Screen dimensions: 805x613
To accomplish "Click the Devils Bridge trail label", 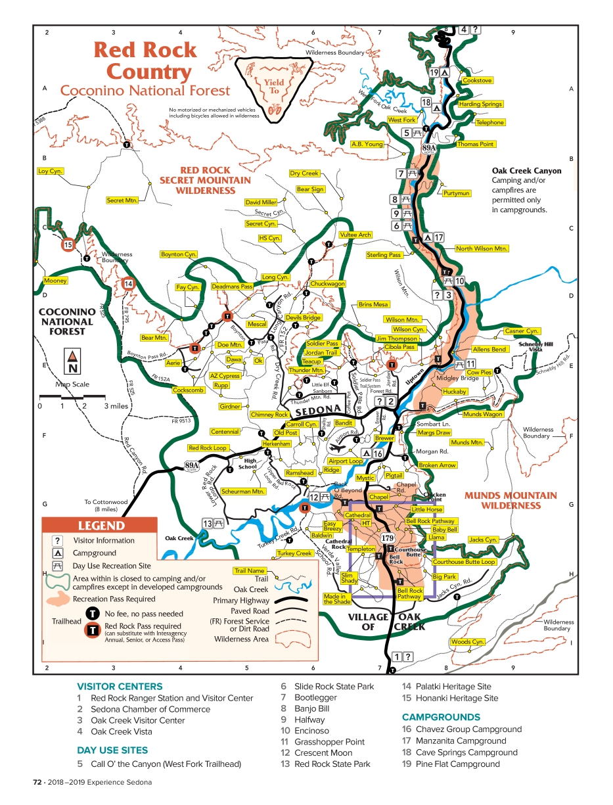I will tap(303, 317).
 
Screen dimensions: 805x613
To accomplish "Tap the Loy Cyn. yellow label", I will tap(51, 171).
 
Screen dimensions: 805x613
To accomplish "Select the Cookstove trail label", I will tap(477, 80).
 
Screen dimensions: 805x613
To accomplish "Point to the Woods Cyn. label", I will tap(468, 641).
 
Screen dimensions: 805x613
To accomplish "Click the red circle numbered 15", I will tap(68, 245).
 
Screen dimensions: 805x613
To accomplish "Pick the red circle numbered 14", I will tap(129, 284).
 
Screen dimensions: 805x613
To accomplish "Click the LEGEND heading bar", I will tap(101, 525).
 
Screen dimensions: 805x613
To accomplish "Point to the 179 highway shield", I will tap(388, 538).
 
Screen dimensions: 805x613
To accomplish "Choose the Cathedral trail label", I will tap(358, 515).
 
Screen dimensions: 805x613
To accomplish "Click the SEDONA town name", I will tap(319, 412).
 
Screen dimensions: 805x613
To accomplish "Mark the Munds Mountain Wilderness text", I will tap(511, 500).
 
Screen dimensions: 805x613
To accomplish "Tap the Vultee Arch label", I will tap(355, 235).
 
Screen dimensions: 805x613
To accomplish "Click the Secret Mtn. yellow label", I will tap(122, 200).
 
